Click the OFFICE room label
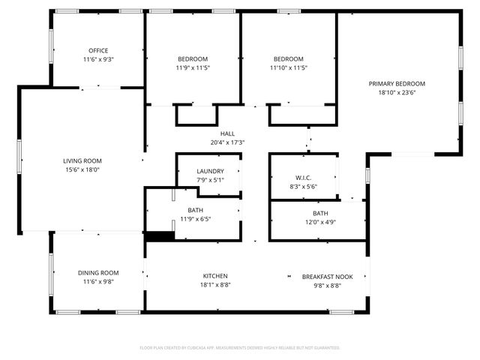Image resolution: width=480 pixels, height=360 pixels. pos(98,50)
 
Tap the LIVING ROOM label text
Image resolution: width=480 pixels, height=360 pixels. pos(82,160)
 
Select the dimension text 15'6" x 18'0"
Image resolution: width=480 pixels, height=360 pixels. pos(82,169)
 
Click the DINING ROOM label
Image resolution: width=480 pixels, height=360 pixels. pos(98,273)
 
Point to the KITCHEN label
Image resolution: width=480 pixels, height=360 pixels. pos(215,276)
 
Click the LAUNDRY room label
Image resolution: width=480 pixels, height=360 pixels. pos(210,171)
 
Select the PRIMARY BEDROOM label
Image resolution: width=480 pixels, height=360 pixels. pos(397,84)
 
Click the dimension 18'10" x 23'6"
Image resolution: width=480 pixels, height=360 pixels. pos(397,93)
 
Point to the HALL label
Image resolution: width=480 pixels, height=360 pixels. pos(227,133)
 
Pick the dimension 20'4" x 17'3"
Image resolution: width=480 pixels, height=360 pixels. pos(227,142)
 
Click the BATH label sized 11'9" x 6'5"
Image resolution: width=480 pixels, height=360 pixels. pos(195,210)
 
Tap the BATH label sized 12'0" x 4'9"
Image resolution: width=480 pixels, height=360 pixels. pos(320,213)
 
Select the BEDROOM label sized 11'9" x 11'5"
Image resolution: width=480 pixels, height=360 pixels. pos(193,59)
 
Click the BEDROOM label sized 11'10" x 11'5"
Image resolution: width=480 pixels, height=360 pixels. pos(289,59)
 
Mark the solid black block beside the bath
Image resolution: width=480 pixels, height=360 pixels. pos(159,236)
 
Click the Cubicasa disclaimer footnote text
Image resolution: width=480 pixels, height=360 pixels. pos(240,348)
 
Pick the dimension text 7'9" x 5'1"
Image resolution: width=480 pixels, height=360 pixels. pos(210,180)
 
